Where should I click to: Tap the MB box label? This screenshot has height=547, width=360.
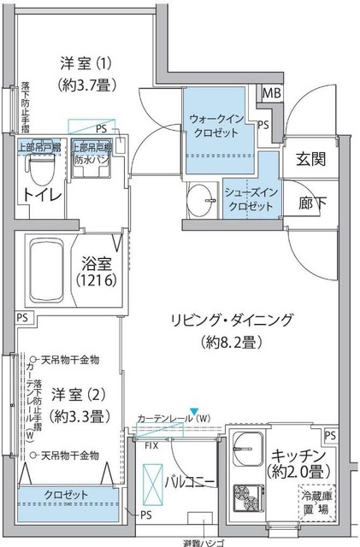pyautogui.click(x=271, y=94)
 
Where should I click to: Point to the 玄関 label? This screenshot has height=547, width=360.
pyautogui.click(x=310, y=159)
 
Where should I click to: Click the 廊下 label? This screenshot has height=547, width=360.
pyautogui.click(x=310, y=204)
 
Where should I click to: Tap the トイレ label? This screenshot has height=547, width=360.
pyautogui.click(x=41, y=195)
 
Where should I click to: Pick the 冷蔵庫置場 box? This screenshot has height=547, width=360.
pyautogui.click(x=316, y=501)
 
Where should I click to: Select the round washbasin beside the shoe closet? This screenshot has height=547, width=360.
pyautogui.click(x=205, y=197)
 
